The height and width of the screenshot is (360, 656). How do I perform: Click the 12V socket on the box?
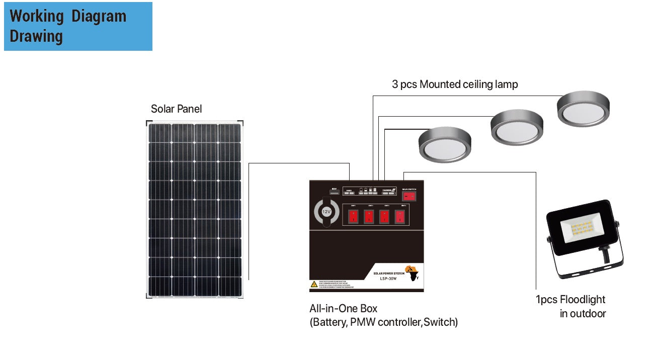326,212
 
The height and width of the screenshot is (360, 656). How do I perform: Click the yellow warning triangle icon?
314,284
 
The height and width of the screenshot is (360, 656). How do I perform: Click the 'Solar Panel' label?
176,109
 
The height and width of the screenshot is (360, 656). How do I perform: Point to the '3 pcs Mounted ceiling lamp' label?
455,84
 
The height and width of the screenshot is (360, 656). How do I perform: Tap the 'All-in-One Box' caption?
343,308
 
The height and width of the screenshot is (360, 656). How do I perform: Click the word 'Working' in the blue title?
37,16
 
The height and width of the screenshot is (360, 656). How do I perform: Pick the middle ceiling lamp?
517,128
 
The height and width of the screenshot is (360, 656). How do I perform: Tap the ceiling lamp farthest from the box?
583,109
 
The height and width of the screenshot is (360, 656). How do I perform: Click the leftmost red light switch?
353,217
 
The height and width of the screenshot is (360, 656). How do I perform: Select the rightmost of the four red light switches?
399,217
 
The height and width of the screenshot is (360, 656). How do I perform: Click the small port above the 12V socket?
334,191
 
